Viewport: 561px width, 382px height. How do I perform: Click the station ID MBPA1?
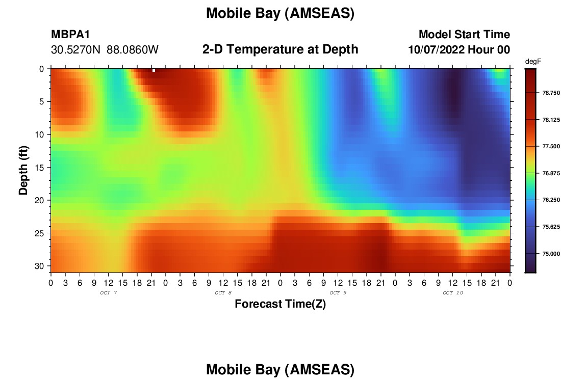[70, 34]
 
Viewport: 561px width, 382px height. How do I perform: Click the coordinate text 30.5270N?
[76, 50]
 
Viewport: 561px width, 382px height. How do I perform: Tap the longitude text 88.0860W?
[133, 50]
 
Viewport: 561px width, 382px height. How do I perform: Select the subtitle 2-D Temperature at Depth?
[280, 49]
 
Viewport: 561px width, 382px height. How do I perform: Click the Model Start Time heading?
[465, 34]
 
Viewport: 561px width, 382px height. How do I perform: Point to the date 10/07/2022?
[437, 50]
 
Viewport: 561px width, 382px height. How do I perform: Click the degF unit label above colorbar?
[533, 62]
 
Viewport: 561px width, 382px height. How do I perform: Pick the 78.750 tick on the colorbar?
[551, 93]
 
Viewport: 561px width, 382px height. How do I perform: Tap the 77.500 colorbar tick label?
[551, 147]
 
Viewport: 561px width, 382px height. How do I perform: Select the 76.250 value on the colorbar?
[551, 200]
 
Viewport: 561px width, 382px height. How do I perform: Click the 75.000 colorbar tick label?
[551, 254]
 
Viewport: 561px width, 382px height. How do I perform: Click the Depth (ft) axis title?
[23, 171]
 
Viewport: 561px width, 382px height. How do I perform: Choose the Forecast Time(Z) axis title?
[280, 304]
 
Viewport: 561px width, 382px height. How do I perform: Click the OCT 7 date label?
[109, 293]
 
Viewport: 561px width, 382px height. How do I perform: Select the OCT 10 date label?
[453, 293]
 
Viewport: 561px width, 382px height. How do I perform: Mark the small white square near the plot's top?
[154, 70]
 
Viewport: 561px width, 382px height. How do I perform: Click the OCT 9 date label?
[338, 293]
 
